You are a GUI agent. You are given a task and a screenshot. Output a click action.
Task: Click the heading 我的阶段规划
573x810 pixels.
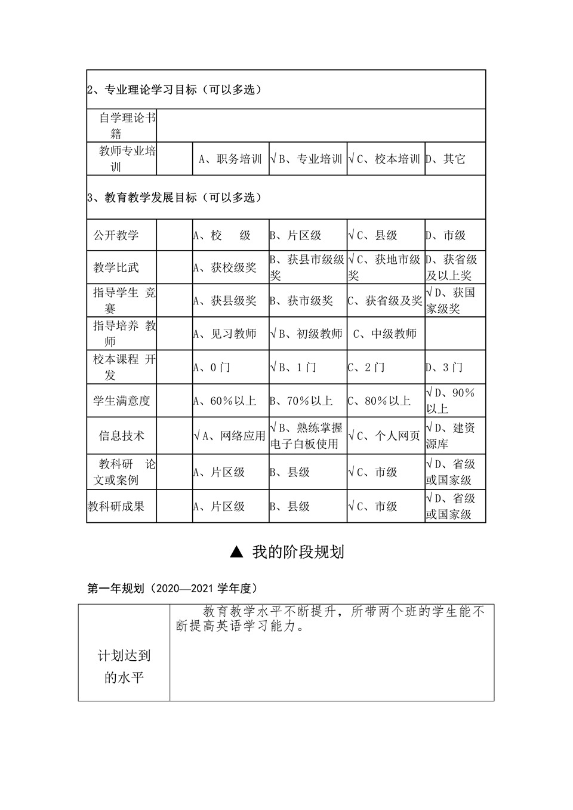pos(287,552)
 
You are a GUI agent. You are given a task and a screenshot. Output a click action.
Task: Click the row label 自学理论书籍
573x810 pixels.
pos(122,126)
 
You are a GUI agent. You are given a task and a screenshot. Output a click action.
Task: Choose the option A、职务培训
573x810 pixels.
pos(230,159)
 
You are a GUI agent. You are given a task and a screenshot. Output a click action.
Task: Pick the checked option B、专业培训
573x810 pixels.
pos(307,159)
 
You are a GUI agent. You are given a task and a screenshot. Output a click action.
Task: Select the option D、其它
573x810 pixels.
pos(445,159)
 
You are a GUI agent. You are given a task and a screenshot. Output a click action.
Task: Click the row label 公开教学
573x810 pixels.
pos(116,235)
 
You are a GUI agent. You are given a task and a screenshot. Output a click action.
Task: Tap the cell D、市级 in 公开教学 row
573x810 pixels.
pos(445,236)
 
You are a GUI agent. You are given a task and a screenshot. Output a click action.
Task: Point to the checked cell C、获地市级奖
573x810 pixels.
pos(385,267)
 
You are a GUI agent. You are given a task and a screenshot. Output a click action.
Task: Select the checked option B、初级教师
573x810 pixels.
pos(307,334)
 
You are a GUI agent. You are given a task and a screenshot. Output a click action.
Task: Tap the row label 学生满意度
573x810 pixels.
pos(121,401)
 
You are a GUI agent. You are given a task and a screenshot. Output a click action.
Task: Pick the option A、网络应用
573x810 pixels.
pos(230,436)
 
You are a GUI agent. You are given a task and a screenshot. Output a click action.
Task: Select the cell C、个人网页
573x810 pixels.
pos(385,436)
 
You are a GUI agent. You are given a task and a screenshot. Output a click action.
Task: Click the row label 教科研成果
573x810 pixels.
pos(116,507)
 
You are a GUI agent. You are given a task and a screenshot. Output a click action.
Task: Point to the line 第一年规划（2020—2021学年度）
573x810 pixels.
pos(172,589)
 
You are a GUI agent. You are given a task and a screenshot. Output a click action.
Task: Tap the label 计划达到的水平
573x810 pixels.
pos(124,667)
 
